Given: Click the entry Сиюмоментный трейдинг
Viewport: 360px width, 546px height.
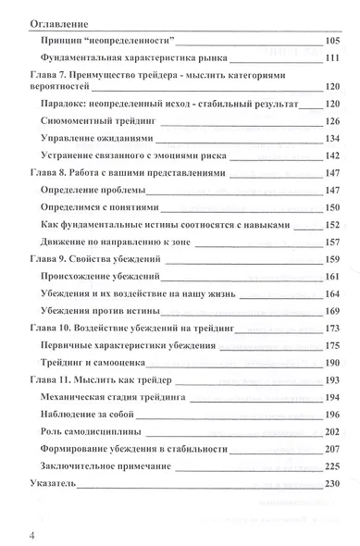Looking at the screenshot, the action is click(x=103, y=121).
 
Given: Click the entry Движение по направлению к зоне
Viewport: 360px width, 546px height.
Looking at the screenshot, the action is click(x=128, y=242).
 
